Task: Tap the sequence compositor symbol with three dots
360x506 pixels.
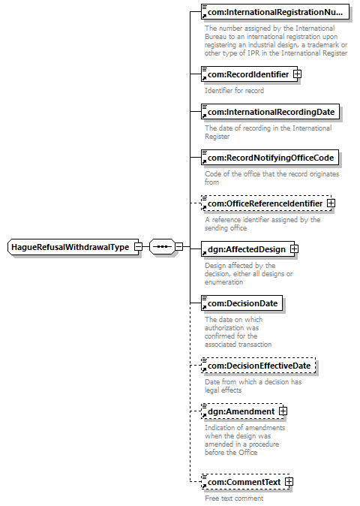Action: [x=163, y=247]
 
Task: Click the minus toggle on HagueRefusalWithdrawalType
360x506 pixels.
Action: [x=138, y=247]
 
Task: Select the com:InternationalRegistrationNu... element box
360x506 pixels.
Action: [x=275, y=12]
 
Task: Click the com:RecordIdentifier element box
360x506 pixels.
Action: [x=249, y=74]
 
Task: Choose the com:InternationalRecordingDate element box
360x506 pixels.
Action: [x=270, y=112]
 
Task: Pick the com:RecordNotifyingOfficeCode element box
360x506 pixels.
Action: [x=270, y=158]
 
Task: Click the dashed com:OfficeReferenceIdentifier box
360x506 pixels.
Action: [x=266, y=203]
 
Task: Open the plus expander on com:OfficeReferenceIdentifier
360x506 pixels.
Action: [x=331, y=203]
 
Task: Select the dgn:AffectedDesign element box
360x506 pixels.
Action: [x=247, y=249]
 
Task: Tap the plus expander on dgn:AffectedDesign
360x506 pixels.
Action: [x=294, y=249]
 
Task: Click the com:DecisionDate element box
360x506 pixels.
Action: [x=241, y=303]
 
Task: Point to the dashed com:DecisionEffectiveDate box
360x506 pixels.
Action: [x=259, y=366]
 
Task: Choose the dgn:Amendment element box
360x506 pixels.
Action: [x=242, y=411]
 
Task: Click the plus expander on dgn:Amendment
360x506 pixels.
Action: [x=283, y=411]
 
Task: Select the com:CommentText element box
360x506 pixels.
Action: [x=245, y=482]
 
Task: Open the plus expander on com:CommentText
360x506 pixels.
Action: [x=289, y=482]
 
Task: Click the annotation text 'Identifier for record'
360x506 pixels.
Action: [x=234, y=90]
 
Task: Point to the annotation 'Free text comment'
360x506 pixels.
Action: [x=234, y=498]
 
